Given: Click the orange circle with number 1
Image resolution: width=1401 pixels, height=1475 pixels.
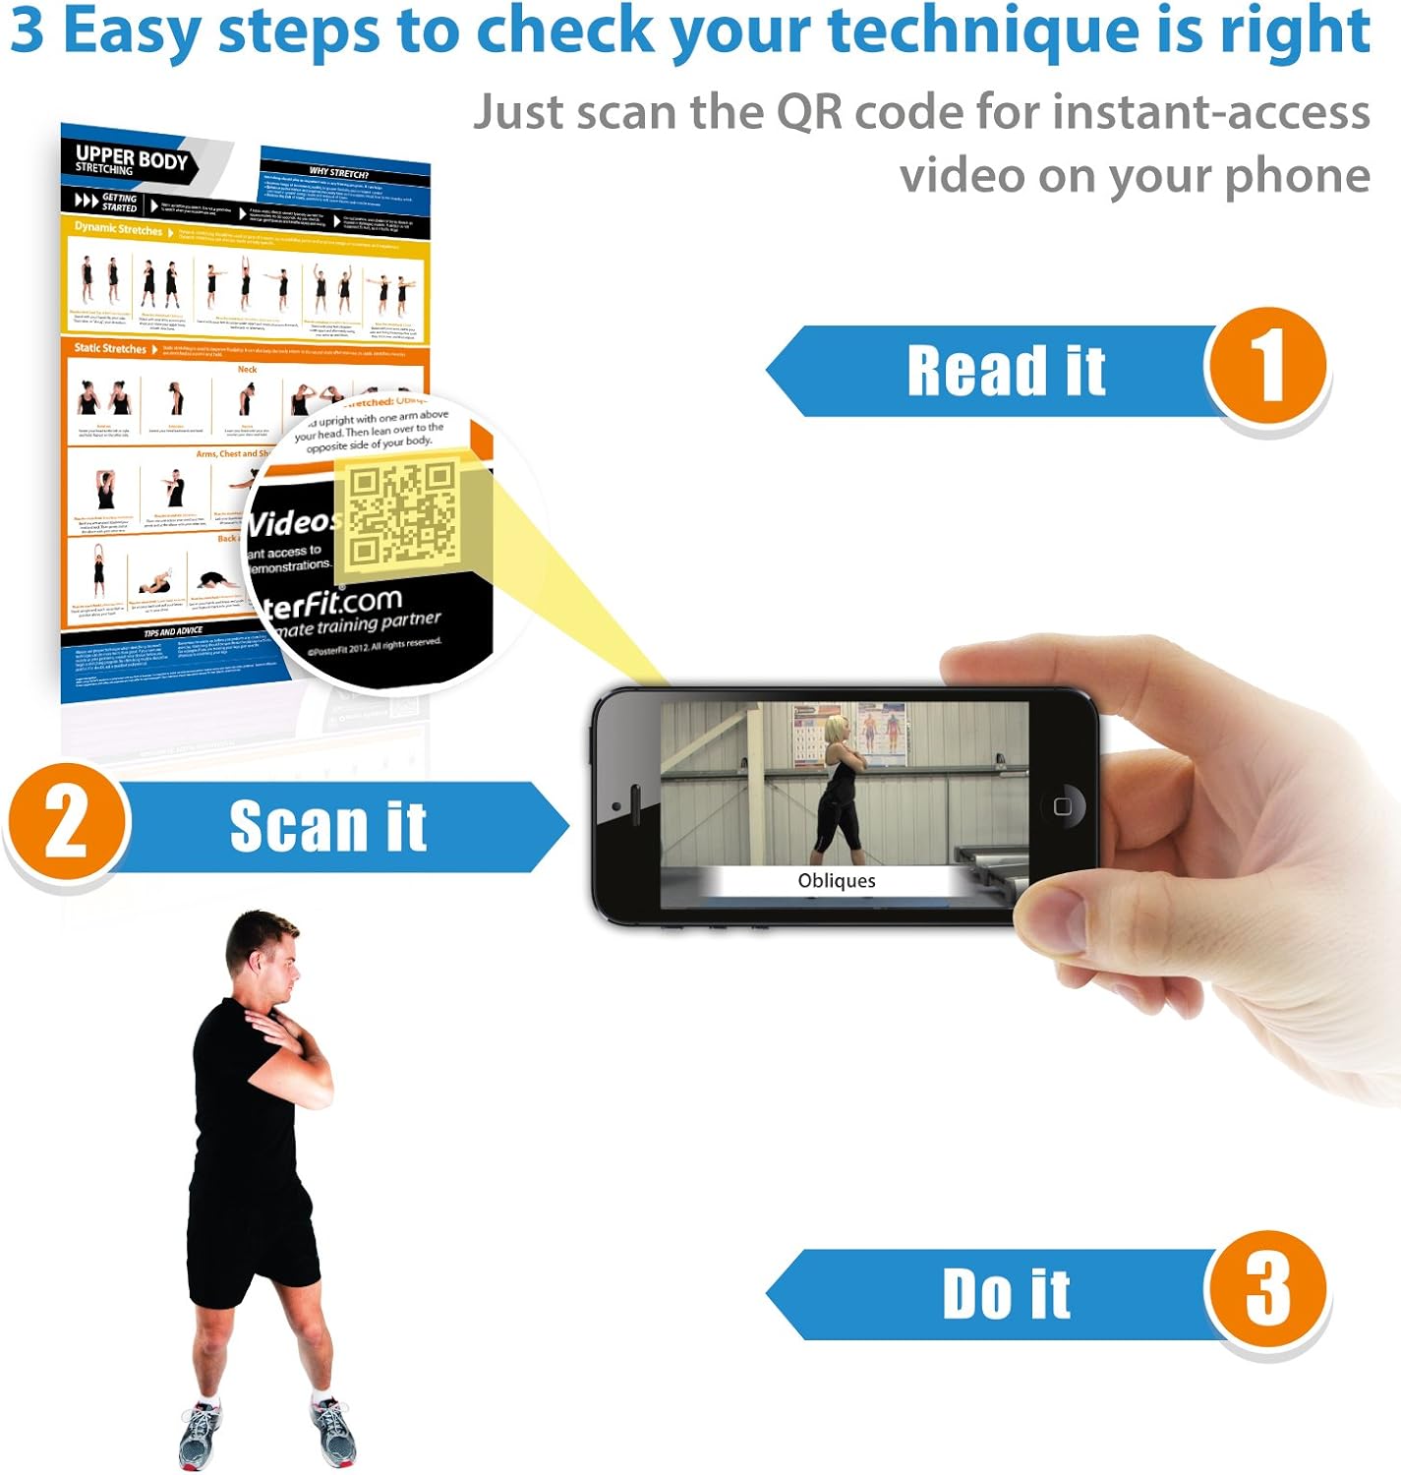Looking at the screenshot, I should pos(1266,366).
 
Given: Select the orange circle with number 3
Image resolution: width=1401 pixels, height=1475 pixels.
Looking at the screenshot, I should pos(1266,1289).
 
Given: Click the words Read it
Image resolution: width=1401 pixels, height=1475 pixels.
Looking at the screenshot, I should pos(1006,371).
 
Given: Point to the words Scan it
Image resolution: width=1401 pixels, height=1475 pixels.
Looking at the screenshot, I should pos(327,826).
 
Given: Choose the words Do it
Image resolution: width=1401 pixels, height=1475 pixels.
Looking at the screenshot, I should pos(1006,1294).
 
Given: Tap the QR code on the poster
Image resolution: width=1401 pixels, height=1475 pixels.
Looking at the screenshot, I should pos(403,515).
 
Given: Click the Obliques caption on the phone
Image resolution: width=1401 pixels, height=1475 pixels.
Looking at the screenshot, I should pos(836,881).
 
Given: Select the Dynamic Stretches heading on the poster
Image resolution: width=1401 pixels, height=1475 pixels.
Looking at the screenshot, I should pos(119,228).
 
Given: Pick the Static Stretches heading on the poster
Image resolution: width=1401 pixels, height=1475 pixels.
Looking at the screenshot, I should pos(110,348).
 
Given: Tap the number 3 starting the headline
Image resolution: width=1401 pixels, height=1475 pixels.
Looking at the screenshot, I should pos(28,30).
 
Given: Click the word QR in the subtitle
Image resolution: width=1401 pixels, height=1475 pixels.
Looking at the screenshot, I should pos(809,112).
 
